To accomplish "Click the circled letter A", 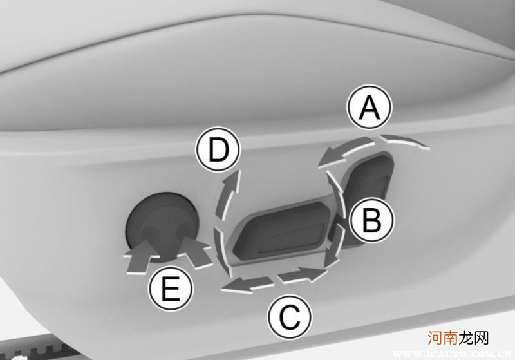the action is coord(370,108).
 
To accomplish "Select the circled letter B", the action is coord(371,220).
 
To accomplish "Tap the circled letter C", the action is coord(289,316).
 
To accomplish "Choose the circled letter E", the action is coord(171,289).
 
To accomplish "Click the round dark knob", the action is coord(162,227).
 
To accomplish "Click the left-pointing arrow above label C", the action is coord(247,283).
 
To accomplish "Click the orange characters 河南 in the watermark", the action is coord(443,338).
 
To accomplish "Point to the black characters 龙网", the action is coord(474,338).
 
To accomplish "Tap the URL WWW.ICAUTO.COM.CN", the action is coord(452,354).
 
